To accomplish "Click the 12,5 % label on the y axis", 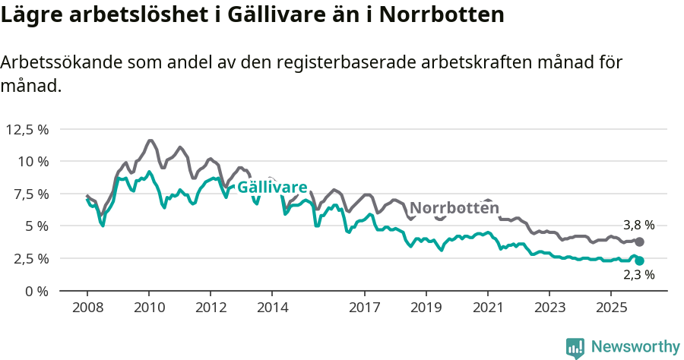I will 27,129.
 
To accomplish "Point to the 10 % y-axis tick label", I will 33,161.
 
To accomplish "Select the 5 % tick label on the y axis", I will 37,226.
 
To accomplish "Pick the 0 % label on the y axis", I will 37,291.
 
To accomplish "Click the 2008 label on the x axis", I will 87,308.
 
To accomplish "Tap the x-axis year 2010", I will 149,308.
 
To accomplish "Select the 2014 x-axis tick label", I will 272,308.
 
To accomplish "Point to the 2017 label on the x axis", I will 365,308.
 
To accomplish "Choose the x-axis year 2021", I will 488,308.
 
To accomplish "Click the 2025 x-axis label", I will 611,308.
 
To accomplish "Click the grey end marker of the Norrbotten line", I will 639,242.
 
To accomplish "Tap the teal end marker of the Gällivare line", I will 639,261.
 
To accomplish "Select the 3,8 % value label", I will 638,226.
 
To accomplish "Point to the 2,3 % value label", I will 638,276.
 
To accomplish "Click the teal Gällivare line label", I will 272,188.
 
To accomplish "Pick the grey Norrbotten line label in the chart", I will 454,208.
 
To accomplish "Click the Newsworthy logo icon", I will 575,347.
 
